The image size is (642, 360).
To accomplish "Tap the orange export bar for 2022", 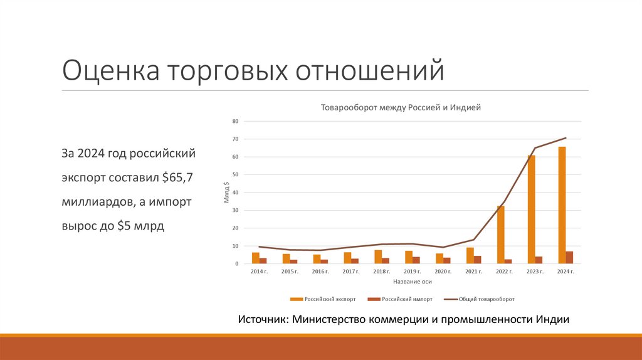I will (500, 235).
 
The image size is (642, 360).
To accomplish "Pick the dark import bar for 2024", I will (569, 257).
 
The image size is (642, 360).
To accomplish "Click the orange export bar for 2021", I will (470, 255).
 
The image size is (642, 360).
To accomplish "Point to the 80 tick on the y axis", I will (236, 121).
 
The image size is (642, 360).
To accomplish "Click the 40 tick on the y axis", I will (236, 193).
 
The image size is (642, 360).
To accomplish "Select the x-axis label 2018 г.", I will (382, 272).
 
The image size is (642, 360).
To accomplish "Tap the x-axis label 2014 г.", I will (259, 272).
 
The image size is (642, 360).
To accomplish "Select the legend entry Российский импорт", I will (403, 299).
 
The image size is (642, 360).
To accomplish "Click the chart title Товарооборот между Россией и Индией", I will (401, 108).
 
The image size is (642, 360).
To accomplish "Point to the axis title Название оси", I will (413, 282).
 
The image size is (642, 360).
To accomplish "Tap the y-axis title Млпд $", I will (226, 193).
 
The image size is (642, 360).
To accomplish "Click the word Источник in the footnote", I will (262, 319).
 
